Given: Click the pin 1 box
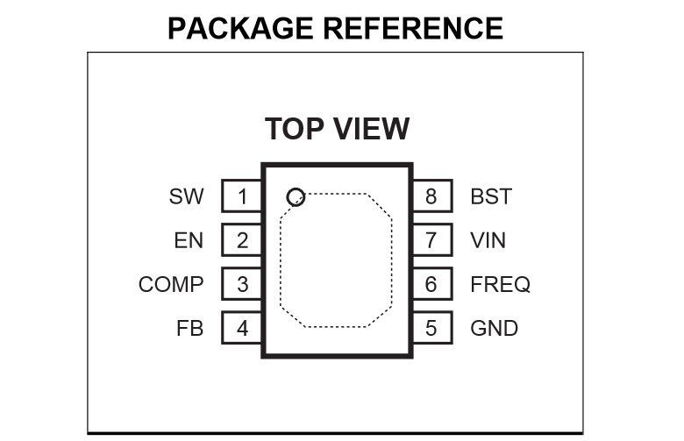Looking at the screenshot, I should tap(242, 196).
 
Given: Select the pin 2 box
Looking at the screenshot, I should tap(242, 240).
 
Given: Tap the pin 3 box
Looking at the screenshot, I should tap(242, 284).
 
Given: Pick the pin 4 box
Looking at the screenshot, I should tap(242, 329).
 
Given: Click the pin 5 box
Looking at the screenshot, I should tap(431, 329).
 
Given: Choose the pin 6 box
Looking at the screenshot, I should tap(431, 284).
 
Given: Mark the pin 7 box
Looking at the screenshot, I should tap(431, 240).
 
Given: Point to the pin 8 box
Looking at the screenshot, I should tap(431, 196).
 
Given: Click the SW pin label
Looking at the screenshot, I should tap(186, 196).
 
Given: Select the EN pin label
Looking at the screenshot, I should tap(189, 240).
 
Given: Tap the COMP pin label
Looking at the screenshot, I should tap(171, 284).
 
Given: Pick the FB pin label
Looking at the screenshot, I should tap(189, 329).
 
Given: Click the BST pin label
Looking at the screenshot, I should tap(491, 196).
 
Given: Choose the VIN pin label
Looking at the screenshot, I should tap(488, 240).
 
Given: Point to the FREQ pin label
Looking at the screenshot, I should tap(501, 284).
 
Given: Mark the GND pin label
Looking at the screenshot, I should tap(495, 329).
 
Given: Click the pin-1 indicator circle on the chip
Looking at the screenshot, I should tap(296, 196).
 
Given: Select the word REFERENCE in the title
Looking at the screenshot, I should tap(414, 28).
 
